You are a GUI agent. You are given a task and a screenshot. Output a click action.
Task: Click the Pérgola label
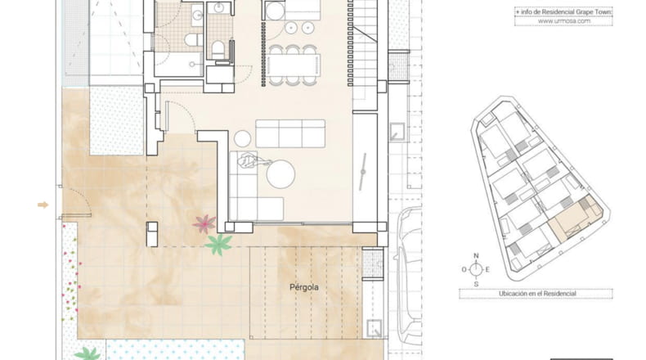[304, 287]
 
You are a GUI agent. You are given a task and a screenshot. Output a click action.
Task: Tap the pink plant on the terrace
[204, 224]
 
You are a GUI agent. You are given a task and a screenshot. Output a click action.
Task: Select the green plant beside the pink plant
[218, 244]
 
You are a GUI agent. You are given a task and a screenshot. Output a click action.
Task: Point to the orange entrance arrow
[43, 205]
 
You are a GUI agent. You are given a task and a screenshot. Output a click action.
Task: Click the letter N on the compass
[476, 255]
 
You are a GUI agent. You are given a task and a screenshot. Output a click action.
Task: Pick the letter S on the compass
[476, 284]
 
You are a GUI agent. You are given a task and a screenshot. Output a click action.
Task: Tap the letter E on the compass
[487, 270]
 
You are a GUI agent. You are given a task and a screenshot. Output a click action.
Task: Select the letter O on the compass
[464, 270]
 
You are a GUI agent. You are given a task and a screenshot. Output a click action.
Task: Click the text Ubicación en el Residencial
[537, 294]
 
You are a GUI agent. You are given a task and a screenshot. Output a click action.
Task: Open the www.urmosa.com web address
[564, 21]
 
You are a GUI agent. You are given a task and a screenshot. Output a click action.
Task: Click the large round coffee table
[280, 174]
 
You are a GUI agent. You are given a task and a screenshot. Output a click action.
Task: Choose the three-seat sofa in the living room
[290, 133]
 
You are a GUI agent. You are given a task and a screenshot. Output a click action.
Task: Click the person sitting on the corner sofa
[250, 160]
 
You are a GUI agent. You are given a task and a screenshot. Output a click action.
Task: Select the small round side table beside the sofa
[243, 139]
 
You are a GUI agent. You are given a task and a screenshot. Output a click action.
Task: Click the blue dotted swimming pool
[176, 349]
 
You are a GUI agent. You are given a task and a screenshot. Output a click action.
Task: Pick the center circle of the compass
[476, 270]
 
